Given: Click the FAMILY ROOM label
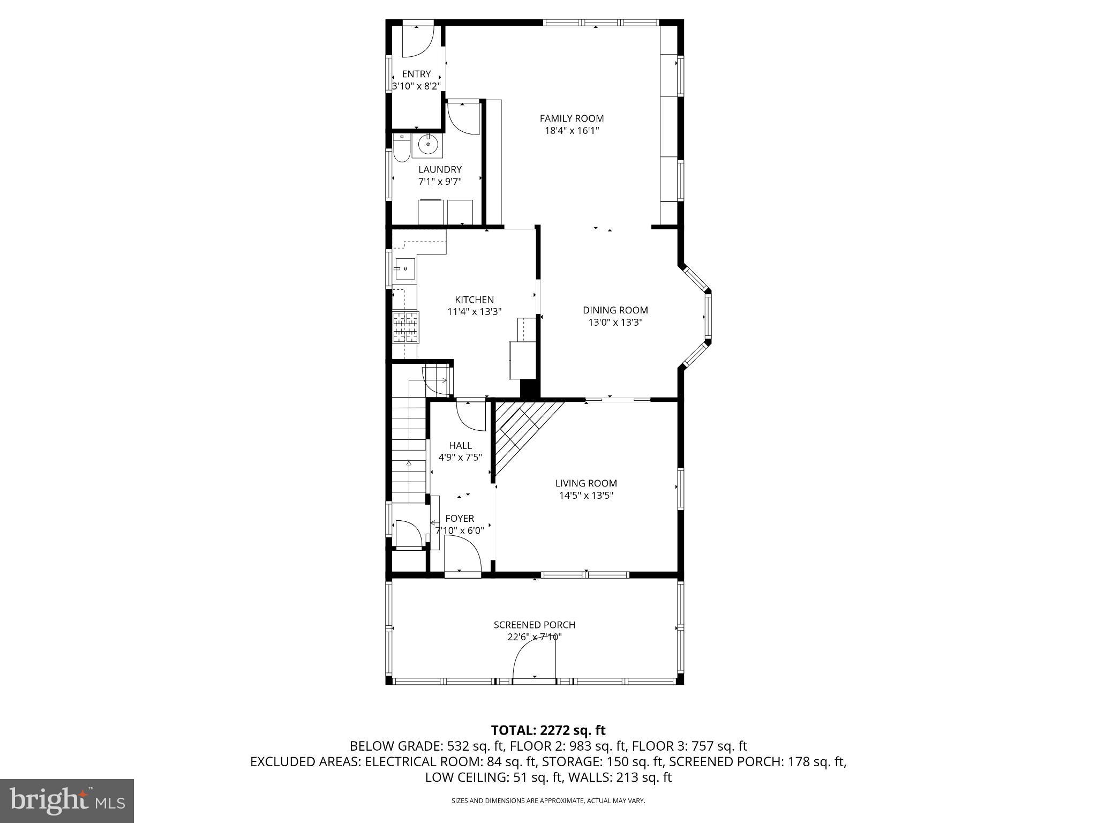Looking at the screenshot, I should click(x=572, y=118).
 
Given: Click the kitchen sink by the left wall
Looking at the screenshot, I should click(x=404, y=268).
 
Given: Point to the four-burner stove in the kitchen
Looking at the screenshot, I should click(x=405, y=327).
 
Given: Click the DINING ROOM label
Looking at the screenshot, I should click(x=615, y=310).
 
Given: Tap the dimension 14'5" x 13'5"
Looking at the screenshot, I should click(x=586, y=496).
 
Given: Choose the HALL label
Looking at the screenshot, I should click(x=460, y=445).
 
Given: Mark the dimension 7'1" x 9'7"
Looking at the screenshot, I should click(x=440, y=182).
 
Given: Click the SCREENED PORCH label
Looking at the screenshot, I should click(x=534, y=625).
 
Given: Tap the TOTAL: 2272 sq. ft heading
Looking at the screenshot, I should click(x=548, y=730).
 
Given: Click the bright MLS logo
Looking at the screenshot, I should click(x=66, y=800).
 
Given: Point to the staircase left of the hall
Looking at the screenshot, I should click(x=410, y=450).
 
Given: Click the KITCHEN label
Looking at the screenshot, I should click(x=474, y=300).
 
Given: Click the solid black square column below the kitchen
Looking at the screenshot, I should click(x=529, y=388).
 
